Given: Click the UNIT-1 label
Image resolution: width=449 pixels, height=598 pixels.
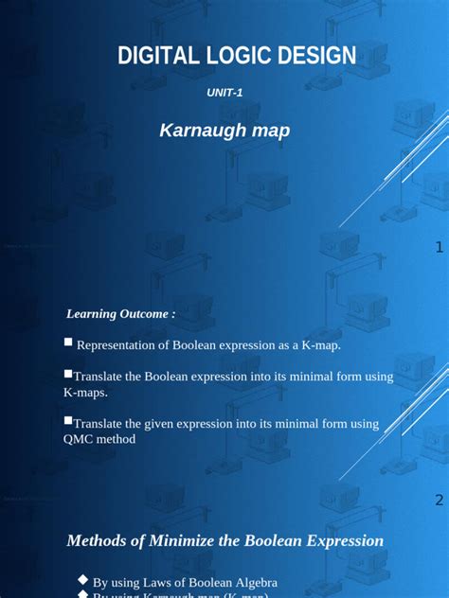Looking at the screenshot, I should (x=224, y=93).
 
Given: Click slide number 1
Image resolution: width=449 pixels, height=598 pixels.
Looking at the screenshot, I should (x=440, y=248).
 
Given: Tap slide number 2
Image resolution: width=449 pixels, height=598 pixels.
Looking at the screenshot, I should (x=440, y=500).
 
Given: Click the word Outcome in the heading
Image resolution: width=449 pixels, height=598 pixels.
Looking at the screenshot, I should (x=144, y=313).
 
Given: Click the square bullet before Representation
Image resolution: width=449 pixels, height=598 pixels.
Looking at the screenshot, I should (x=68, y=343).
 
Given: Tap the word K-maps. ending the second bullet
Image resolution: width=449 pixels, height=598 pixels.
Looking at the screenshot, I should (x=85, y=392).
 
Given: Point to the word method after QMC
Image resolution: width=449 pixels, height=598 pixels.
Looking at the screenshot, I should (x=117, y=439).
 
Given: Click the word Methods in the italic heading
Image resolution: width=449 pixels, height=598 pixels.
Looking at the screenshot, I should (x=98, y=541).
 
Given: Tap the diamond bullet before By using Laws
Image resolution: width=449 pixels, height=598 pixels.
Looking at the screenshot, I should (x=82, y=580).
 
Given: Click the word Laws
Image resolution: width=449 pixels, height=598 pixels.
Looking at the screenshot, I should (x=159, y=583).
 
